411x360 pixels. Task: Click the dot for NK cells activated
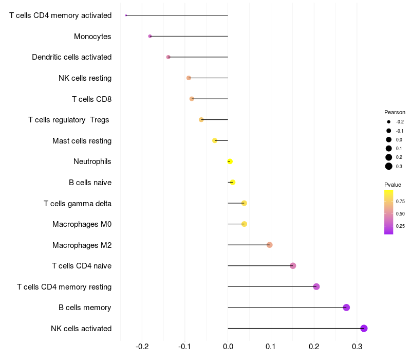click(x=364, y=328)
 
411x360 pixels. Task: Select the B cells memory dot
click(x=346, y=307)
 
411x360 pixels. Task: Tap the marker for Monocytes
click(x=150, y=36)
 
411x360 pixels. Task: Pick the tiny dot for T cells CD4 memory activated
click(x=126, y=15)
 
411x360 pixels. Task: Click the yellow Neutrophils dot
click(x=230, y=161)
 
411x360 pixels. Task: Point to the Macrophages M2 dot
click(x=269, y=245)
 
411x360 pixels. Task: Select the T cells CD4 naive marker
click(x=293, y=266)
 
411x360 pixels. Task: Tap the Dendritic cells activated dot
click(x=169, y=57)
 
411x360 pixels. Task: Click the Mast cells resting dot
click(x=215, y=140)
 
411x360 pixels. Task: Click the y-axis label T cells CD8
click(x=92, y=99)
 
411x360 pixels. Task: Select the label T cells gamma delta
click(x=78, y=204)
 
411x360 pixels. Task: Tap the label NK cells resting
click(x=85, y=78)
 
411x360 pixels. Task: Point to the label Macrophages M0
click(x=82, y=224)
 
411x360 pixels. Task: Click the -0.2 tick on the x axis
click(x=142, y=347)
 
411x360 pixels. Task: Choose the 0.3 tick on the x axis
click(x=357, y=347)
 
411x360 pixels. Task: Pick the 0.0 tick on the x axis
click(x=228, y=347)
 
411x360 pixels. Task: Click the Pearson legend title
click(x=395, y=112)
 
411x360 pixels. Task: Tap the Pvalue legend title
click(x=393, y=185)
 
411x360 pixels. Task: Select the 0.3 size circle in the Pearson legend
click(x=389, y=166)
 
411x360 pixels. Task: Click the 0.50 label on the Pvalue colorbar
click(x=400, y=214)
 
